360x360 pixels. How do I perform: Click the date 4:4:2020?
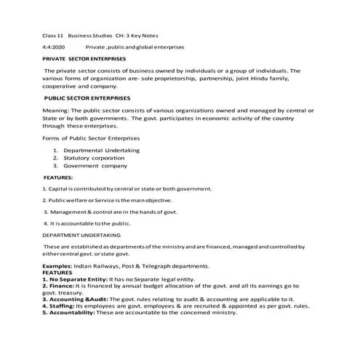click(x=54, y=46)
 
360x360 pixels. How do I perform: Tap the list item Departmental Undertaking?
click(x=101, y=150)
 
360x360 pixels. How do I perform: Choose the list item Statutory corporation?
click(x=94, y=157)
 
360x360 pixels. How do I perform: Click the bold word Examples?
click(x=57, y=266)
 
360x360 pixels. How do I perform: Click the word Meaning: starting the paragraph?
click(x=57, y=110)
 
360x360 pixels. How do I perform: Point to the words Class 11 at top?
click(x=53, y=35)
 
